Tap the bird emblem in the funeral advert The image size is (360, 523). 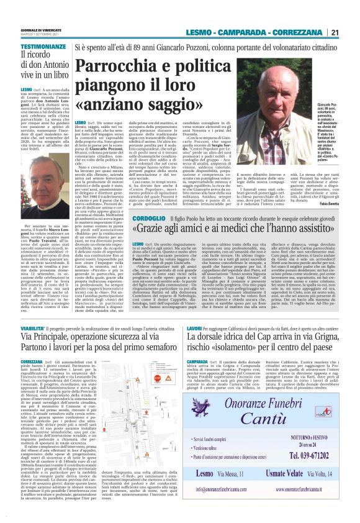tap(217, 420)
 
